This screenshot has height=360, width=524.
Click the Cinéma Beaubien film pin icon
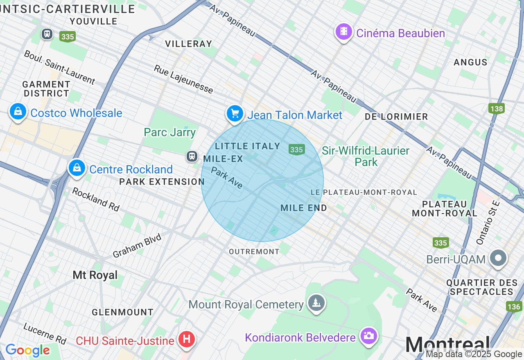[344, 32]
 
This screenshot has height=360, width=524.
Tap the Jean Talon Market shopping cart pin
[235, 113]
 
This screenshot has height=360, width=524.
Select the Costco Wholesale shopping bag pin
[18, 111]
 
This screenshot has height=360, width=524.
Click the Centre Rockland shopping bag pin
[77, 168]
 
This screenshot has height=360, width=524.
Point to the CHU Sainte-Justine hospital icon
[187, 339]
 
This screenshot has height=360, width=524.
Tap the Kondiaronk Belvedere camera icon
[368, 336]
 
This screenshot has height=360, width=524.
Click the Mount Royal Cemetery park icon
[316, 303]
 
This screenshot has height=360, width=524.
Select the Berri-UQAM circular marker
[498, 258]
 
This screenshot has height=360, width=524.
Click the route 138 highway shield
[496, 108]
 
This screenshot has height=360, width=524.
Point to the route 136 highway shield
[514, 306]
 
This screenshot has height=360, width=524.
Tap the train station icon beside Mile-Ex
[192, 156]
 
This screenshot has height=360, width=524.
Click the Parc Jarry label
[169, 132]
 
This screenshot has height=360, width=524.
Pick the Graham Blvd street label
[137, 246]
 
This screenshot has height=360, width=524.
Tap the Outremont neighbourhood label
[254, 252]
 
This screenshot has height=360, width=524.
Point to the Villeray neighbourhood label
[188, 44]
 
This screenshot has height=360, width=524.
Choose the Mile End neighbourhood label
[304, 208]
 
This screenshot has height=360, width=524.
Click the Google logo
[27, 350]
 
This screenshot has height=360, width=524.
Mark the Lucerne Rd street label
[45, 333]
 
